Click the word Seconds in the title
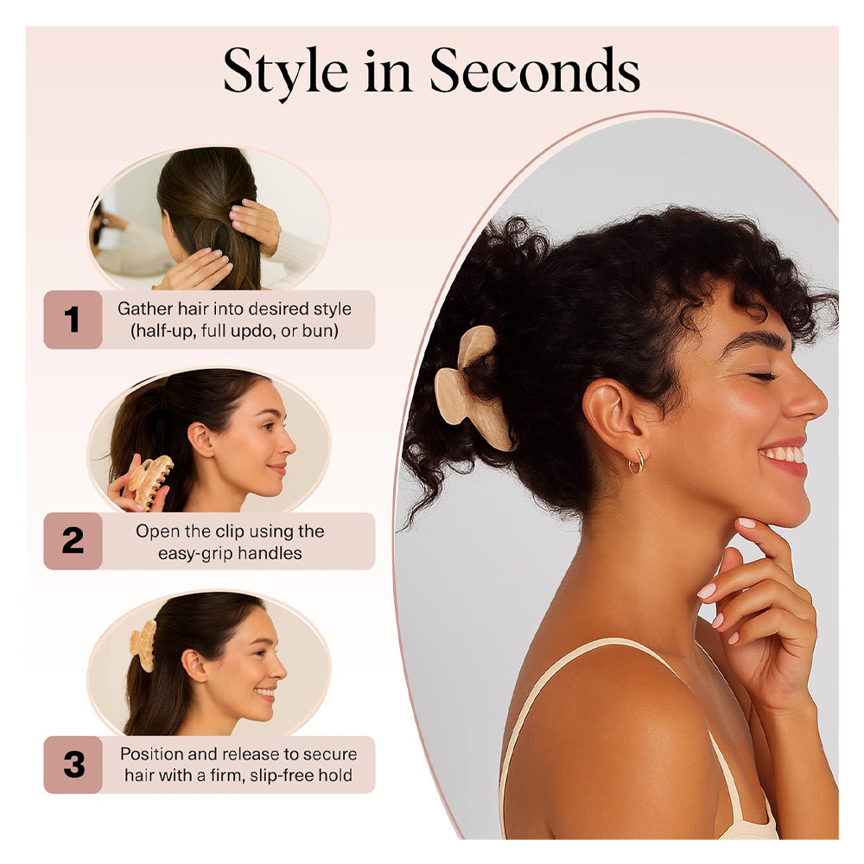(x=535, y=71)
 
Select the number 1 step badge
(x=73, y=320)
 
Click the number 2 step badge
(x=73, y=541)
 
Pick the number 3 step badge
(x=73, y=765)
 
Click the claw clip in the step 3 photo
(x=143, y=645)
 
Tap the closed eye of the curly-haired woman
(x=763, y=377)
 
